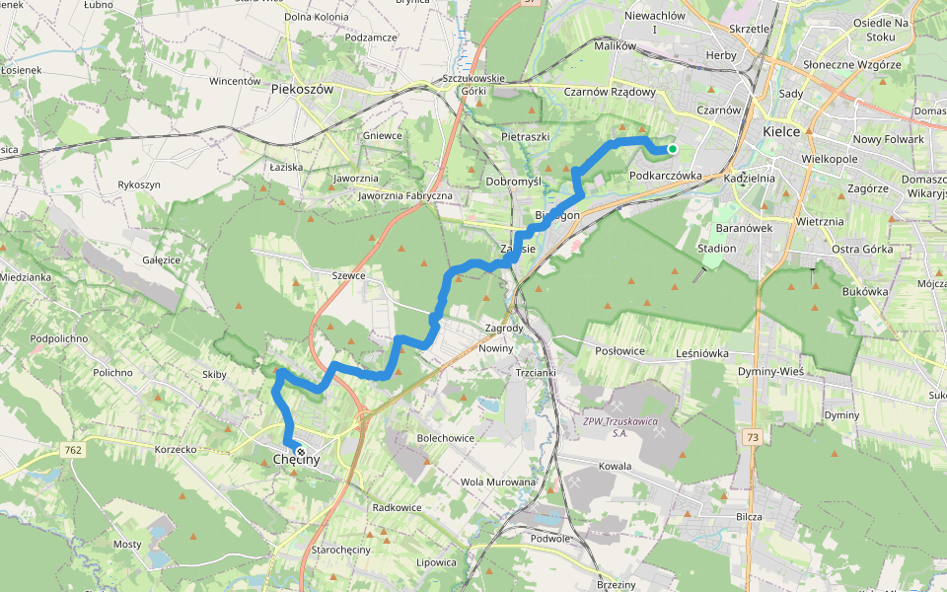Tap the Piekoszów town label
pyautogui.click(x=302, y=89)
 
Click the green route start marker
pyautogui.click(x=672, y=149)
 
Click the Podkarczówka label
pyautogui.click(x=665, y=175)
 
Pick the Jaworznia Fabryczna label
pyautogui.click(x=405, y=196)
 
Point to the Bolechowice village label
pyautogui.click(x=446, y=437)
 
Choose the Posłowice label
pyautogui.click(x=620, y=350)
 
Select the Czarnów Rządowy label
pyautogui.click(x=610, y=92)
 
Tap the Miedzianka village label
pyautogui.click(x=26, y=276)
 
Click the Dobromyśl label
pyautogui.click(x=514, y=182)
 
